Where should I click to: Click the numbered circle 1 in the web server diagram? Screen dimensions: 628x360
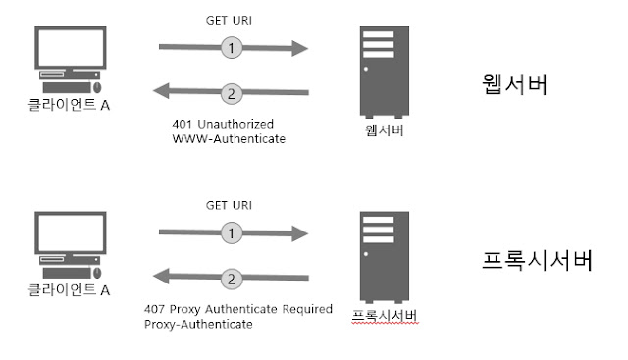[x=232, y=48]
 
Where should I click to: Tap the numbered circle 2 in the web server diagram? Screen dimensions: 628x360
[x=232, y=94]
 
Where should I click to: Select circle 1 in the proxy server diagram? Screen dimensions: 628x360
[x=232, y=232]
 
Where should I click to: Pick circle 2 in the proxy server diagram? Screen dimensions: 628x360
[x=232, y=279]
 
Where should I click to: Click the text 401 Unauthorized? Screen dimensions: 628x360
[x=223, y=124]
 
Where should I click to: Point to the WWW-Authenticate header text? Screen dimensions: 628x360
[x=229, y=139]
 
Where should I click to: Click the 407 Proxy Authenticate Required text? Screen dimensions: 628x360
[x=238, y=309]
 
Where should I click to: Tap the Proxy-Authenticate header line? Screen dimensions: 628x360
[x=198, y=324]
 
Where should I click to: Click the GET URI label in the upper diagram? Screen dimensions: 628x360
[x=229, y=20]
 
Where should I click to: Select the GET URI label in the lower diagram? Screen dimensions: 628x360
[x=229, y=205]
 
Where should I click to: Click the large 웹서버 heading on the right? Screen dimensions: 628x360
[x=514, y=84]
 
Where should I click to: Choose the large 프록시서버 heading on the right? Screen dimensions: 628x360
[x=537, y=260]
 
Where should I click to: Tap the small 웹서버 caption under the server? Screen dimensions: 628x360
[x=384, y=130]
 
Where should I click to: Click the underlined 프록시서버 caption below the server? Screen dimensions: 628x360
[x=385, y=316]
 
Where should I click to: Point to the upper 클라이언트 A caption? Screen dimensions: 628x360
[x=69, y=105]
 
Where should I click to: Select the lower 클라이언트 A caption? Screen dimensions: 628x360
[x=69, y=289]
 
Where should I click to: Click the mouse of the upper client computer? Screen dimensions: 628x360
[x=97, y=87]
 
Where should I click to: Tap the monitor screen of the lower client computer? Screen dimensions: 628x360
[x=71, y=232]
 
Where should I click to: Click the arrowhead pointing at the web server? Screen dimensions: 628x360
[x=300, y=48]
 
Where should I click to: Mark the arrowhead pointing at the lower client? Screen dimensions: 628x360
[x=161, y=276]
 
